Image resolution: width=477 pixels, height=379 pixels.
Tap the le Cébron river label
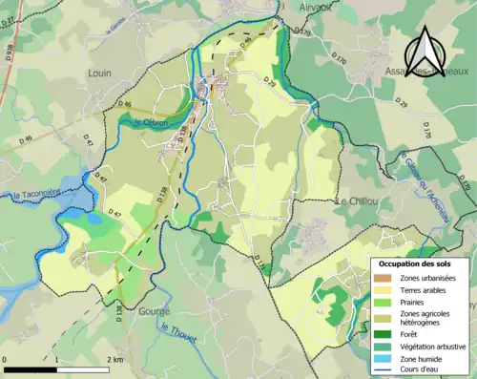pos(151,123)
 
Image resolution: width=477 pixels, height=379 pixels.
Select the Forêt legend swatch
pos(385,333)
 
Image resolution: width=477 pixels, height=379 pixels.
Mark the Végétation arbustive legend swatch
pos(385,346)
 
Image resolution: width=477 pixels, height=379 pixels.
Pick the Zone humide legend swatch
pos(385,358)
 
